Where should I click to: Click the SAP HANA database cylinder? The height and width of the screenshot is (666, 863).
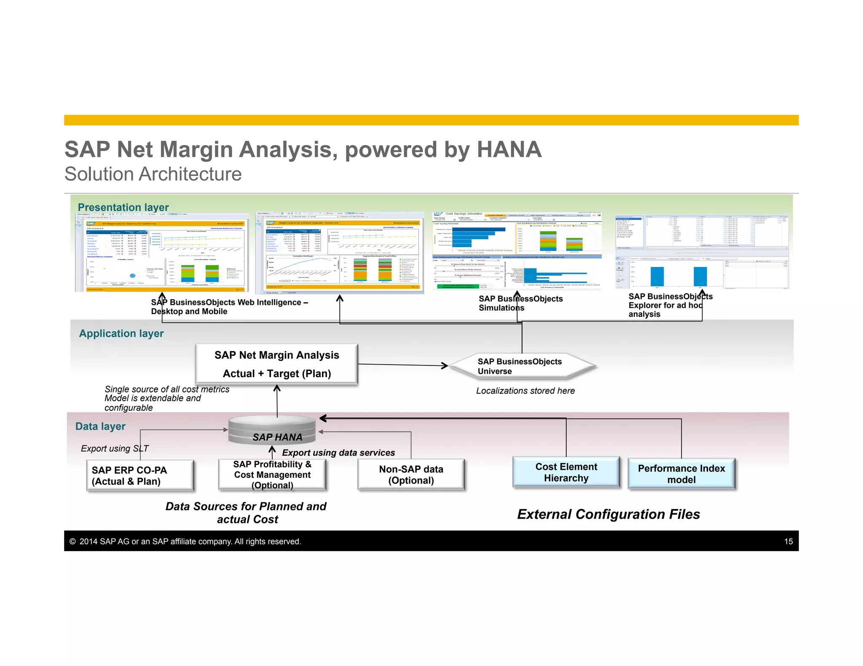point(272,430)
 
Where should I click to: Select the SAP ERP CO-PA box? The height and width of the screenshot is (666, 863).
point(140,476)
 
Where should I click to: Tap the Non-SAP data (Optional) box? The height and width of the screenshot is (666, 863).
point(411,475)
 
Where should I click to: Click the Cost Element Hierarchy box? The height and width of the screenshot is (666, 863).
point(566,472)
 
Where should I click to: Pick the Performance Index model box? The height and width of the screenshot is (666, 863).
point(681,474)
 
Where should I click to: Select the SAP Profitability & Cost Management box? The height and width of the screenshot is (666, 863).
point(272,475)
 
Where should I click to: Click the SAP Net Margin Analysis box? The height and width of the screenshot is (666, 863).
point(276,364)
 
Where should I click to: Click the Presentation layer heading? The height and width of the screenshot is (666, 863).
point(123,207)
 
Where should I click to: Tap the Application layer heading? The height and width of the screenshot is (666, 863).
point(121,333)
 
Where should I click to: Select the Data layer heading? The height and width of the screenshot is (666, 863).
point(100,426)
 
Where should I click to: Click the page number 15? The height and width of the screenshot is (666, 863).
point(788,542)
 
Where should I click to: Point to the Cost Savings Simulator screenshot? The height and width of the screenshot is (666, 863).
point(517,251)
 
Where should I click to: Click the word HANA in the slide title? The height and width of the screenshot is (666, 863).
point(509,149)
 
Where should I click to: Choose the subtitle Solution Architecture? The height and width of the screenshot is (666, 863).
point(153,174)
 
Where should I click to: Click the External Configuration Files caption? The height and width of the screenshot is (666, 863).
point(608,514)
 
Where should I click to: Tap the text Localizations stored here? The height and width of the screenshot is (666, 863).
point(525,391)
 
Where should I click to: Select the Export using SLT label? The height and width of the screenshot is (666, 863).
point(115,449)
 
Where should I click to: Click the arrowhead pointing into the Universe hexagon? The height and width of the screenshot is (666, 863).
point(445,365)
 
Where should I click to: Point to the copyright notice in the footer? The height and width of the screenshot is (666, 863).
point(185,542)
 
